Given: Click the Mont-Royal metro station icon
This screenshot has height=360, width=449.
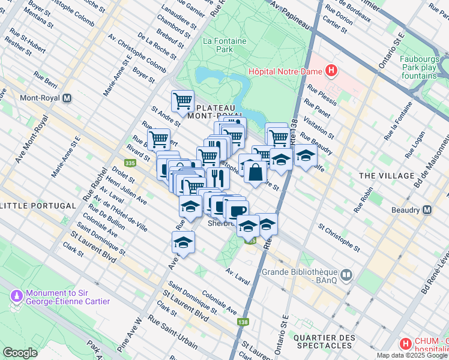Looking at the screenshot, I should coord(67,98).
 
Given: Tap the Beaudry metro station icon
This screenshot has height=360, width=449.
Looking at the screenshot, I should coord(427,210).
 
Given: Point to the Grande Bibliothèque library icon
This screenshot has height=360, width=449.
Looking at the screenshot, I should coord(346,275).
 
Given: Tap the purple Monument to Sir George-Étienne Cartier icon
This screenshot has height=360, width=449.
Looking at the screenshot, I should coord(16,296).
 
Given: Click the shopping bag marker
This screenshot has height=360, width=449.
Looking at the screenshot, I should coord(256,172).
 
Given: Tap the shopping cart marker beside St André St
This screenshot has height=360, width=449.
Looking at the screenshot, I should coord(182,100).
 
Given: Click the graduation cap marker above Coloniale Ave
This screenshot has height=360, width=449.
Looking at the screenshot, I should coord(183,242).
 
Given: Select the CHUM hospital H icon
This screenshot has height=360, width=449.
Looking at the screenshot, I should coord(406,344).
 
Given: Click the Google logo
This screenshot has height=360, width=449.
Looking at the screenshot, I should coord(20,352).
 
